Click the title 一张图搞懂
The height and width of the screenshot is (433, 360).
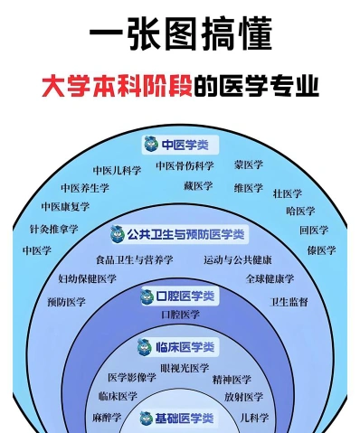click(x=181, y=33)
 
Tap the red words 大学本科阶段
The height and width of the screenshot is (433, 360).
click(x=117, y=86)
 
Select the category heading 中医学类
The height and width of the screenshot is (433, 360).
click(x=185, y=145)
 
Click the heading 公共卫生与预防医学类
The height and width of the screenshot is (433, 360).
click(x=185, y=234)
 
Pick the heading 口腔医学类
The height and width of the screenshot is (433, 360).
click(x=185, y=297)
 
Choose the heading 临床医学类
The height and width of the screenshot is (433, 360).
click(x=185, y=347)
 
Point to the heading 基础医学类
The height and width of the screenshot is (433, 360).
click(x=185, y=419)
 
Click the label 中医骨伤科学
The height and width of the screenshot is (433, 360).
click(x=185, y=165)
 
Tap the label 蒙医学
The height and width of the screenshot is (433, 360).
click(x=249, y=165)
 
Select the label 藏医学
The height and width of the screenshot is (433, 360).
click(x=198, y=185)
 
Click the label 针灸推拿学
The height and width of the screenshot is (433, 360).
click(x=54, y=229)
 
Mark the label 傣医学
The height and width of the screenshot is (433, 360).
click(x=321, y=250)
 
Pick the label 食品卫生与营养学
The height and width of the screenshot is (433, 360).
click(x=135, y=259)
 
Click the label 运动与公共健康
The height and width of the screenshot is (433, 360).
click(x=238, y=259)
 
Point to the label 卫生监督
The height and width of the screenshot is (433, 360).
click(x=289, y=302)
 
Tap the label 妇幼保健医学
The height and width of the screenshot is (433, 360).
click(x=87, y=278)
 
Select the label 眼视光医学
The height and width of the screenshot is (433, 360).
click(x=185, y=368)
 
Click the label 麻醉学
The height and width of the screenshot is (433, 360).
click(x=107, y=418)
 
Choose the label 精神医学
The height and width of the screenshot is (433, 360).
click(x=232, y=380)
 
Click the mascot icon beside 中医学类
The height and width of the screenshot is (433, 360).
click(x=151, y=144)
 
